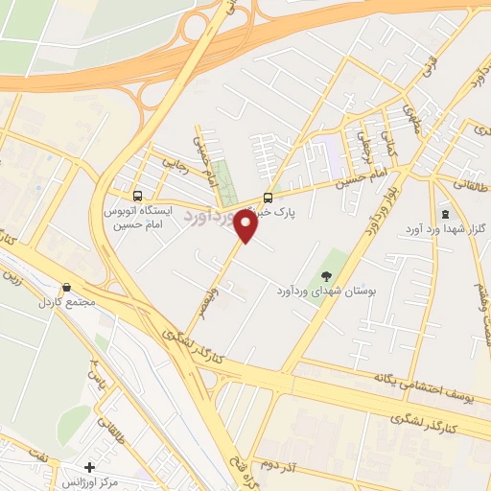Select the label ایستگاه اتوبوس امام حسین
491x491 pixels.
coord(140,215)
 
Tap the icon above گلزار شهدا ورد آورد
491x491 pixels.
coord(445,213)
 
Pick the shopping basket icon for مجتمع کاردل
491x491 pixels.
coord(67,287)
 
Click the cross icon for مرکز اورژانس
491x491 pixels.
coord(89,467)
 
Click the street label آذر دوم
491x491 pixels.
coord(283,464)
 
